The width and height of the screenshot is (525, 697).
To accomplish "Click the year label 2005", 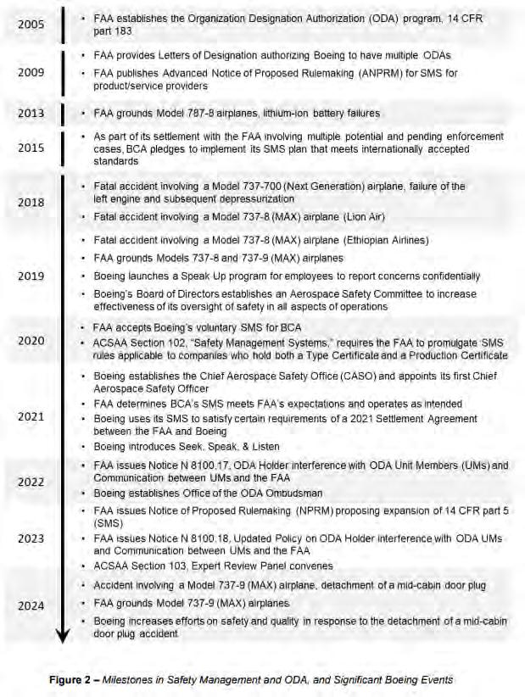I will tap(32, 24).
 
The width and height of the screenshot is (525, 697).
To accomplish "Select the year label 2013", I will tap(32, 114).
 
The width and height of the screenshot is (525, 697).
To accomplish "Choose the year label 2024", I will tap(32, 605).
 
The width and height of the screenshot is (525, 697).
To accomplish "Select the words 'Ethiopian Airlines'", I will tap(384, 240).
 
